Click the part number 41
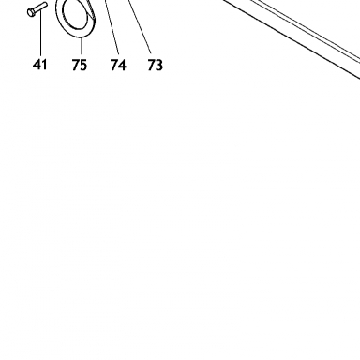point(39,65)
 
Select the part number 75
point(79,65)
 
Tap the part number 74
point(118,65)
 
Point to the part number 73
point(156,65)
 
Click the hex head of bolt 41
point(31,12)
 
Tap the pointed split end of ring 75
point(91,11)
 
